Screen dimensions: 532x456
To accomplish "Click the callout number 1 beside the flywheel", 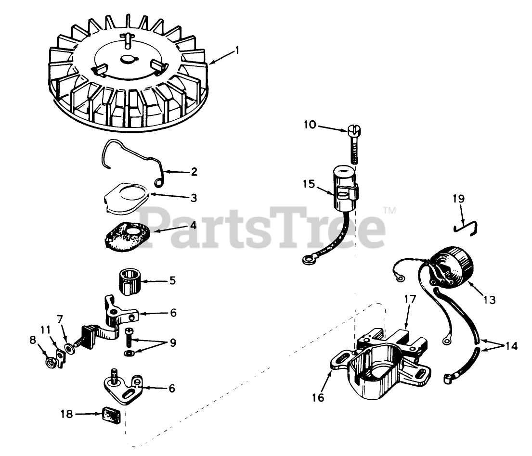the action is [x=237, y=51].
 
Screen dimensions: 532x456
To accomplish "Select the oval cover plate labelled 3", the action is [x=126, y=198].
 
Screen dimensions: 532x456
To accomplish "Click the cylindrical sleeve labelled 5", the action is [x=130, y=281].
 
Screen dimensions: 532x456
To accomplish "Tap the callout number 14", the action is [x=512, y=346].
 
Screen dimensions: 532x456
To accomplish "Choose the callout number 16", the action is [x=318, y=397].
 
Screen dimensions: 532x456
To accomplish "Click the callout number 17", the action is [x=410, y=299].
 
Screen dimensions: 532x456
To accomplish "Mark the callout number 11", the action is [x=45, y=329].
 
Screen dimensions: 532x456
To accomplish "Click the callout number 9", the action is [x=173, y=343].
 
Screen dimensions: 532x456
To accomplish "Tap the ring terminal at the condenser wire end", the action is [x=308, y=260].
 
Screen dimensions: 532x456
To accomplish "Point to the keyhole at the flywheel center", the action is [x=129, y=59].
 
